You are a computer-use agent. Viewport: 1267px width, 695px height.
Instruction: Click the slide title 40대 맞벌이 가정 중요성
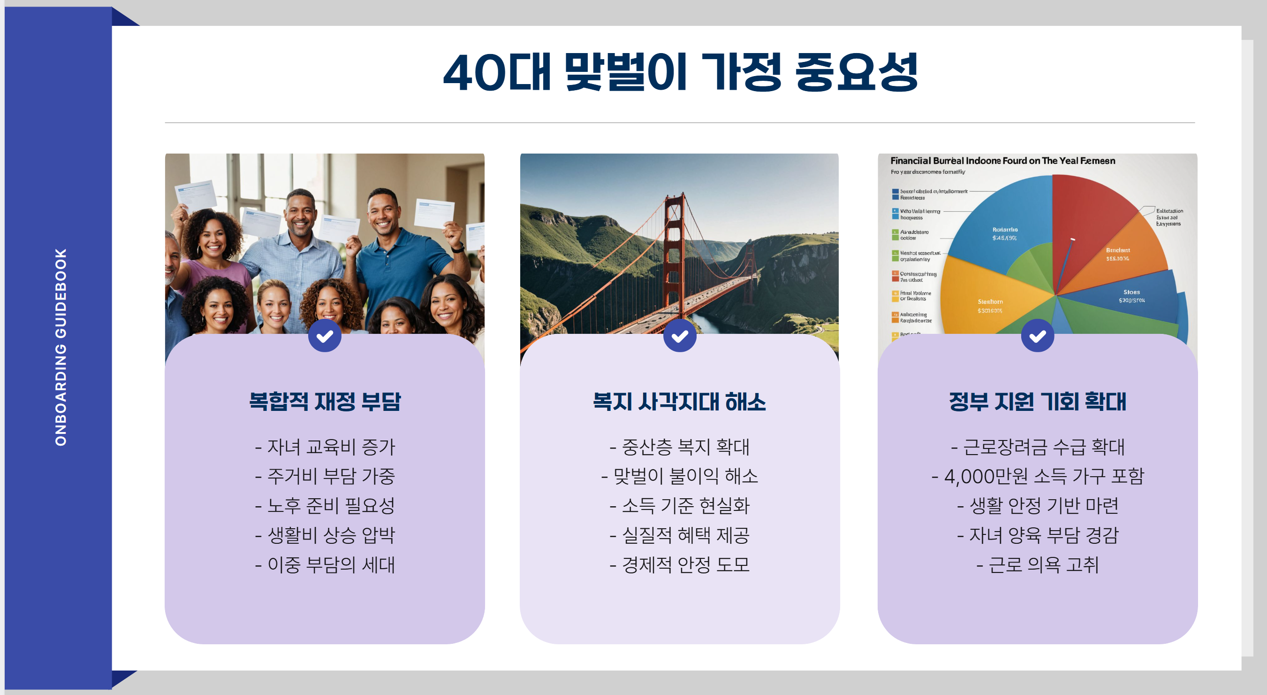[x=680, y=73]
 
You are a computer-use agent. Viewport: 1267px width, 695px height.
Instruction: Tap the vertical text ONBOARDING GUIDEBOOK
[x=61, y=347]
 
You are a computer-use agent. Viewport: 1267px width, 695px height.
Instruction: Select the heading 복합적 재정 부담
[x=325, y=402]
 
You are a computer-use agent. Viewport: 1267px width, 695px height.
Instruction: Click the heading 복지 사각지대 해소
[x=679, y=402]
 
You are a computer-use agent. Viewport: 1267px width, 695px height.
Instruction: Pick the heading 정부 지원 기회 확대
[x=1037, y=402]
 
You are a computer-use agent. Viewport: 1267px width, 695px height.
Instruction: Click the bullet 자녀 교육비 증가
[x=325, y=447]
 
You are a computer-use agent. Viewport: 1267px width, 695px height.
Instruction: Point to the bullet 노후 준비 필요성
[x=325, y=505]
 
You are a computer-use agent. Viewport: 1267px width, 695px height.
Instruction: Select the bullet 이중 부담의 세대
[x=325, y=564]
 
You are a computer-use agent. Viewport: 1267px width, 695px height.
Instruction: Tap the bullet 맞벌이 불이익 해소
[x=680, y=476]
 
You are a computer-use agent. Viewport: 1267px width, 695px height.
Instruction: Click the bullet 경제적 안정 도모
[x=680, y=564]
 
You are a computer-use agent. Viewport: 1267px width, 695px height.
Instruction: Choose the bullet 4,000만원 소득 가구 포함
[x=1038, y=476]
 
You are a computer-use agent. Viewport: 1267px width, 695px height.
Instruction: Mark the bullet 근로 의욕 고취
[x=1038, y=564]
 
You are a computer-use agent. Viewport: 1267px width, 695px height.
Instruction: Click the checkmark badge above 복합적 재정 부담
[x=325, y=336]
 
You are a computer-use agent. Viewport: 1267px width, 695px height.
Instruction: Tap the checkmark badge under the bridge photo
[x=680, y=336]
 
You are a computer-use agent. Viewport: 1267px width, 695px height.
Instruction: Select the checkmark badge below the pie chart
[x=1037, y=336]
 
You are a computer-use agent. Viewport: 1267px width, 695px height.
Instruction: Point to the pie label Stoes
[x=1131, y=293]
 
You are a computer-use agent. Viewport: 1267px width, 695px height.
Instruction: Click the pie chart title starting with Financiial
[x=1002, y=161]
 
